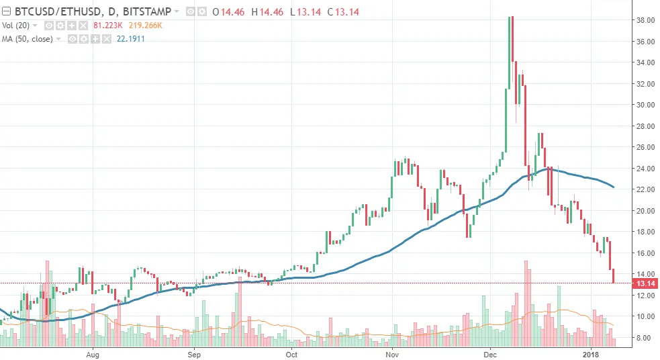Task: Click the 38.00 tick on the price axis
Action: click(x=645, y=20)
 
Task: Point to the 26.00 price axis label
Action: click(x=645, y=147)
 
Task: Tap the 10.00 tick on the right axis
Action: click(x=645, y=316)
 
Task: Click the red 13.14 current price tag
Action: click(x=645, y=283)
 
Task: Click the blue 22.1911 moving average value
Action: click(x=130, y=38)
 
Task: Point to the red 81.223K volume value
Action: click(x=107, y=25)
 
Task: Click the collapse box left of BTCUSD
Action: click(x=7, y=11)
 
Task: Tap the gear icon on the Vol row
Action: click(x=60, y=25)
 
